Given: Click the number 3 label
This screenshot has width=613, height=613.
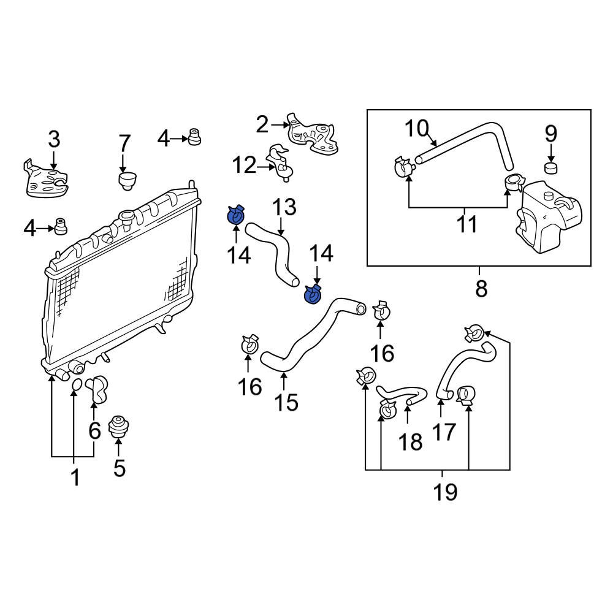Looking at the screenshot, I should coord(54,140).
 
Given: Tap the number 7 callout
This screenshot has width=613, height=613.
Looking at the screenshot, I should coord(124,144).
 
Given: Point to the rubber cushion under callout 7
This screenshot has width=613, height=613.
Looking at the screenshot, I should coord(127,180).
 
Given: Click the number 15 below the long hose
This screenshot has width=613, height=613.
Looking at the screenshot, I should coord(286,402).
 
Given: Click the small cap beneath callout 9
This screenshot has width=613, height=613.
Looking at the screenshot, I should coord(550,167).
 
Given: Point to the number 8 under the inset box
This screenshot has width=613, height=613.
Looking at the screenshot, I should coord(481,288).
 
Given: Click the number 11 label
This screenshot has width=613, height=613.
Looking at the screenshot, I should coord(467,224).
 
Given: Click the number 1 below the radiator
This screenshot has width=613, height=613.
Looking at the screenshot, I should coord(75,477).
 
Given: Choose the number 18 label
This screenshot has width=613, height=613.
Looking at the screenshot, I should coord(411,441).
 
